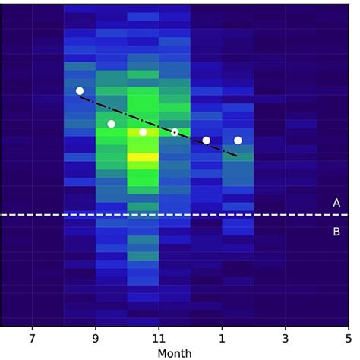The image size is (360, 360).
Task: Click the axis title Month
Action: tap(174, 353)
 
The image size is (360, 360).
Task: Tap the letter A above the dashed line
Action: tap(336, 203)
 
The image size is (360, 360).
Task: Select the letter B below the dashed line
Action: tap(336, 232)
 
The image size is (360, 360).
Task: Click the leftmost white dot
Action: tap(80, 91)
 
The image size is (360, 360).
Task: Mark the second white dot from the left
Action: tap(111, 124)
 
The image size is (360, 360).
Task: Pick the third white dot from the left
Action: tap(143, 132)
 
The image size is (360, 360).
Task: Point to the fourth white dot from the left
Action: tap(175, 132)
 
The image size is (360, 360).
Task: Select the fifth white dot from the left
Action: tap(206, 141)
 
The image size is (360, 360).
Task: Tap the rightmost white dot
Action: tap(238, 141)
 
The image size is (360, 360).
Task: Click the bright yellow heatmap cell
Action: tap(143, 157)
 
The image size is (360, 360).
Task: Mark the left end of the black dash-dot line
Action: tap(80, 96)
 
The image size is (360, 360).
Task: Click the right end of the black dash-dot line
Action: tap(238, 156)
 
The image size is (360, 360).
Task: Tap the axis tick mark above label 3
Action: tap(285, 328)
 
